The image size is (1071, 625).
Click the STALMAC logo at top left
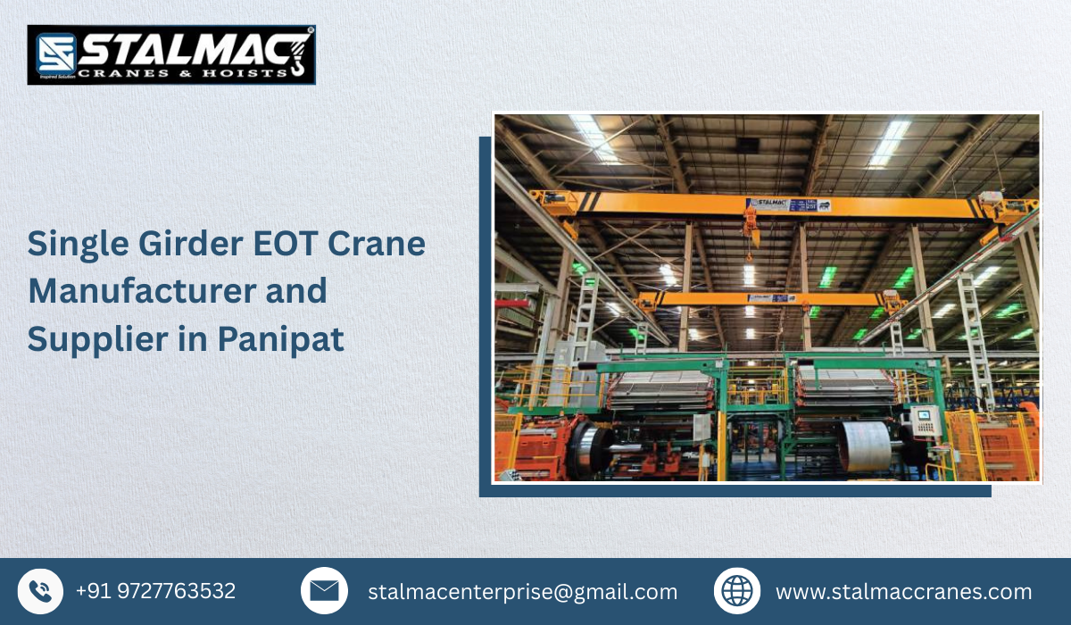(171, 54)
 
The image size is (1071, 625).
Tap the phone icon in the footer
(40, 591)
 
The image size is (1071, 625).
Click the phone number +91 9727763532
(155, 591)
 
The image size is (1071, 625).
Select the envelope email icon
(324, 591)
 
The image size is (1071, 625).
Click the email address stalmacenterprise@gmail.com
(522, 592)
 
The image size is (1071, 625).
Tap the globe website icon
(736, 591)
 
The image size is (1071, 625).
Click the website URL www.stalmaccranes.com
(903, 592)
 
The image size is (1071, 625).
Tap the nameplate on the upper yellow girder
(789, 205)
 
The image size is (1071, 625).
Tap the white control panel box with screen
(926, 420)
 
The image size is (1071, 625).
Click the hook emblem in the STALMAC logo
(298, 54)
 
